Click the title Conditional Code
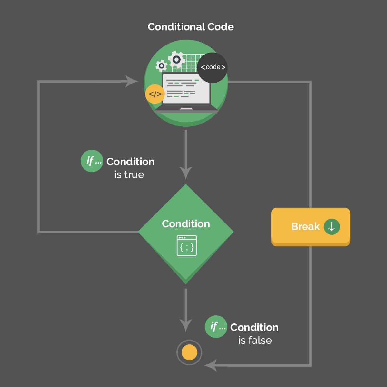[191, 27]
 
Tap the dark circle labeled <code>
[213, 67]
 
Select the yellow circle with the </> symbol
[155, 94]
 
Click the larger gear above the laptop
[176, 60]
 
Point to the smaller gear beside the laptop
[161, 66]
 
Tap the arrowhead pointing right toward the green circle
[131, 81]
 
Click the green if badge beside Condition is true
[92, 161]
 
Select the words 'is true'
[129, 175]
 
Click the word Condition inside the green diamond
[186, 224]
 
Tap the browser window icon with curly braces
[187, 246]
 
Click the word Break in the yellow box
[305, 226]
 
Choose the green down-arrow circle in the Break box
[332, 226]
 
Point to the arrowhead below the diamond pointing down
[186, 325]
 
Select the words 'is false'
[255, 341]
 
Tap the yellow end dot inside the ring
[189, 352]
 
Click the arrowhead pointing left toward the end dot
[211, 366]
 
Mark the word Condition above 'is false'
[254, 327]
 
